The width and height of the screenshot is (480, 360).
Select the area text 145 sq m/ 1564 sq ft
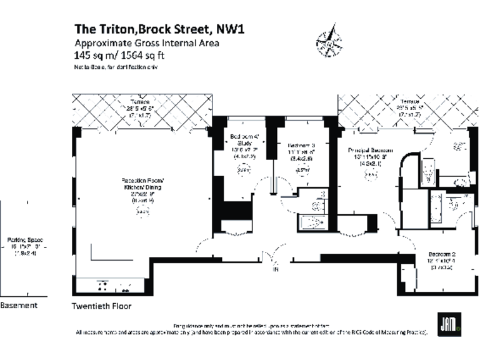(123, 55)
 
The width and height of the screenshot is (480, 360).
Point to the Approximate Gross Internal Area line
(146, 43)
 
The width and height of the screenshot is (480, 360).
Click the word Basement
(19, 305)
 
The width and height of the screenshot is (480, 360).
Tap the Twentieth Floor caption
(102, 306)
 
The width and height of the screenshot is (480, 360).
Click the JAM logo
(449, 324)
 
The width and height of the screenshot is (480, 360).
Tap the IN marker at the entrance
(273, 270)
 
